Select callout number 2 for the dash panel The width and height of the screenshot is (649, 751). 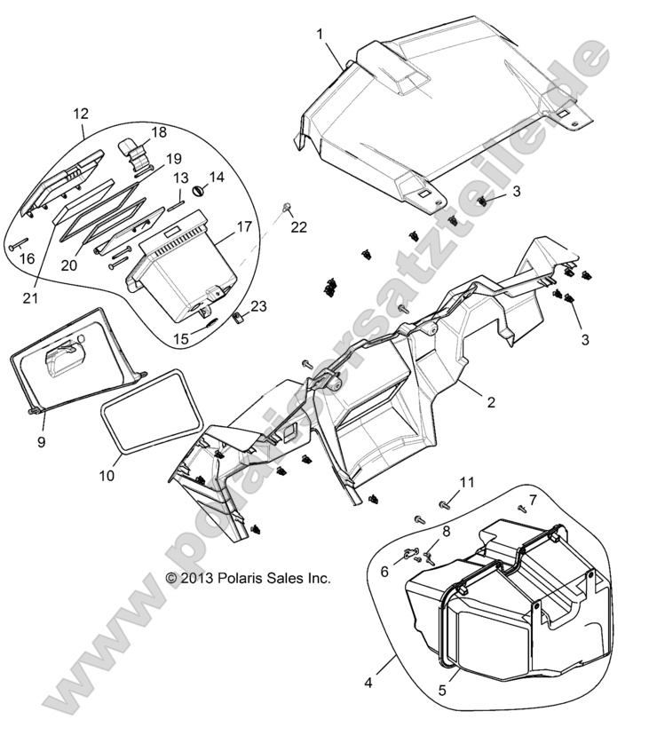pyautogui.click(x=490, y=400)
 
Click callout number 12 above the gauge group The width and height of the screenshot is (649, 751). pyautogui.click(x=81, y=114)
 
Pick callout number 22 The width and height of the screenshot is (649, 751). pyautogui.click(x=298, y=227)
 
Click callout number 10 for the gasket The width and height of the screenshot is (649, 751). pyautogui.click(x=106, y=475)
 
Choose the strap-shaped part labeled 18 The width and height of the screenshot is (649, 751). pyautogui.click(x=136, y=151)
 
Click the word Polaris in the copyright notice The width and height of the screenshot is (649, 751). pyautogui.click(x=233, y=578)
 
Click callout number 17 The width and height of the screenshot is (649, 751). pyautogui.click(x=241, y=227)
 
